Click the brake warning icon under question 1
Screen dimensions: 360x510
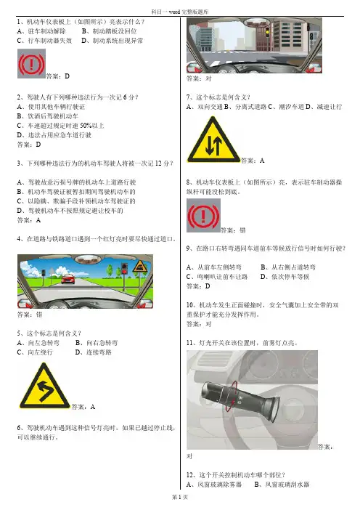(31, 64)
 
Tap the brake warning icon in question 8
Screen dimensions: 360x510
(203, 216)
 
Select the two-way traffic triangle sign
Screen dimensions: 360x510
(213, 140)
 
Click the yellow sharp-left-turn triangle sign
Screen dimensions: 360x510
(44, 386)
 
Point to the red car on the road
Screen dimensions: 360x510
(68, 279)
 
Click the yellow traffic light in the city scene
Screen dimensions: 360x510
(267, 31)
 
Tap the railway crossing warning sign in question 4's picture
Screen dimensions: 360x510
(140, 267)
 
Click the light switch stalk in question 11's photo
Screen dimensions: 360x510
(241, 398)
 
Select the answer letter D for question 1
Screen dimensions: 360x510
(67, 76)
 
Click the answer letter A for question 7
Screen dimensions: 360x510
(262, 161)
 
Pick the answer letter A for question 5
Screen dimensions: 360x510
(93, 407)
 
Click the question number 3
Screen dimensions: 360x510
(19, 163)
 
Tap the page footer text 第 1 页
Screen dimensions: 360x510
(180, 497)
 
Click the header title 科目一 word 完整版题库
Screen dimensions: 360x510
(180, 12)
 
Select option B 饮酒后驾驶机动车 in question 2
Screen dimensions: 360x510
(47, 116)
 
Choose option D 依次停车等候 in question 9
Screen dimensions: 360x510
(285, 277)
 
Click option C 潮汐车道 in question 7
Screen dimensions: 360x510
(287, 107)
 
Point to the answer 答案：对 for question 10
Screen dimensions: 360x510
(199, 324)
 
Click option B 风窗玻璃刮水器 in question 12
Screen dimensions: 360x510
(282, 485)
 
